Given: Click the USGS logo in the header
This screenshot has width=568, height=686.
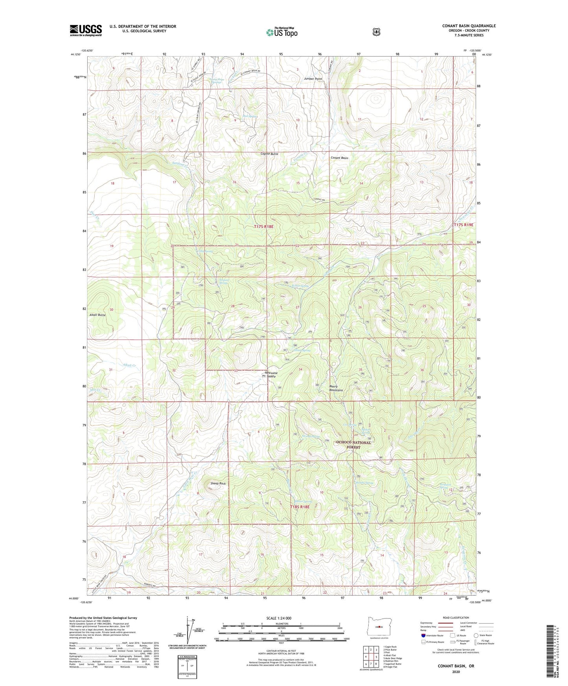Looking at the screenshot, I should [x=86, y=30].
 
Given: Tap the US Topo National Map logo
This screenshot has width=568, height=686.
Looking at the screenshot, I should [x=281, y=32].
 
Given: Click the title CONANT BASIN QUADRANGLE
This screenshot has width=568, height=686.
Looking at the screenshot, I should [x=469, y=26].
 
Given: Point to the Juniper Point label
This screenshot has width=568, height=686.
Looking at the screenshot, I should [x=312, y=79].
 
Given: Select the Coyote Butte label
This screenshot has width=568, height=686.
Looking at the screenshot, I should [x=270, y=154].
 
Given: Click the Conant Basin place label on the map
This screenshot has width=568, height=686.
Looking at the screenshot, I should [x=339, y=158].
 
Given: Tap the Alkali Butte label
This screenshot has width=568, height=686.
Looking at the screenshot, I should [x=97, y=315].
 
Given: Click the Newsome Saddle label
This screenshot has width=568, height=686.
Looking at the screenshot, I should [x=271, y=374].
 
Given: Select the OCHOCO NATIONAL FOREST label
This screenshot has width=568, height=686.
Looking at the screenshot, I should [x=353, y=445].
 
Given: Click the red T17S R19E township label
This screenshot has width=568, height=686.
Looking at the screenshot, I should [x=463, y=225].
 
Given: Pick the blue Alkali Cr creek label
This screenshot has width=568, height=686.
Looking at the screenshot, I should [x=129, y=365].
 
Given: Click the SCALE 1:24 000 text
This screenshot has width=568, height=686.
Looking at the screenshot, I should [x=279, y=618].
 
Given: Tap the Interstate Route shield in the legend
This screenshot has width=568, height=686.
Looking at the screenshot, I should [x=423, y=635].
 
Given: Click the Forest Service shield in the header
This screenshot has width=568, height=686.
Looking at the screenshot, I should [x=376, y=32].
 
